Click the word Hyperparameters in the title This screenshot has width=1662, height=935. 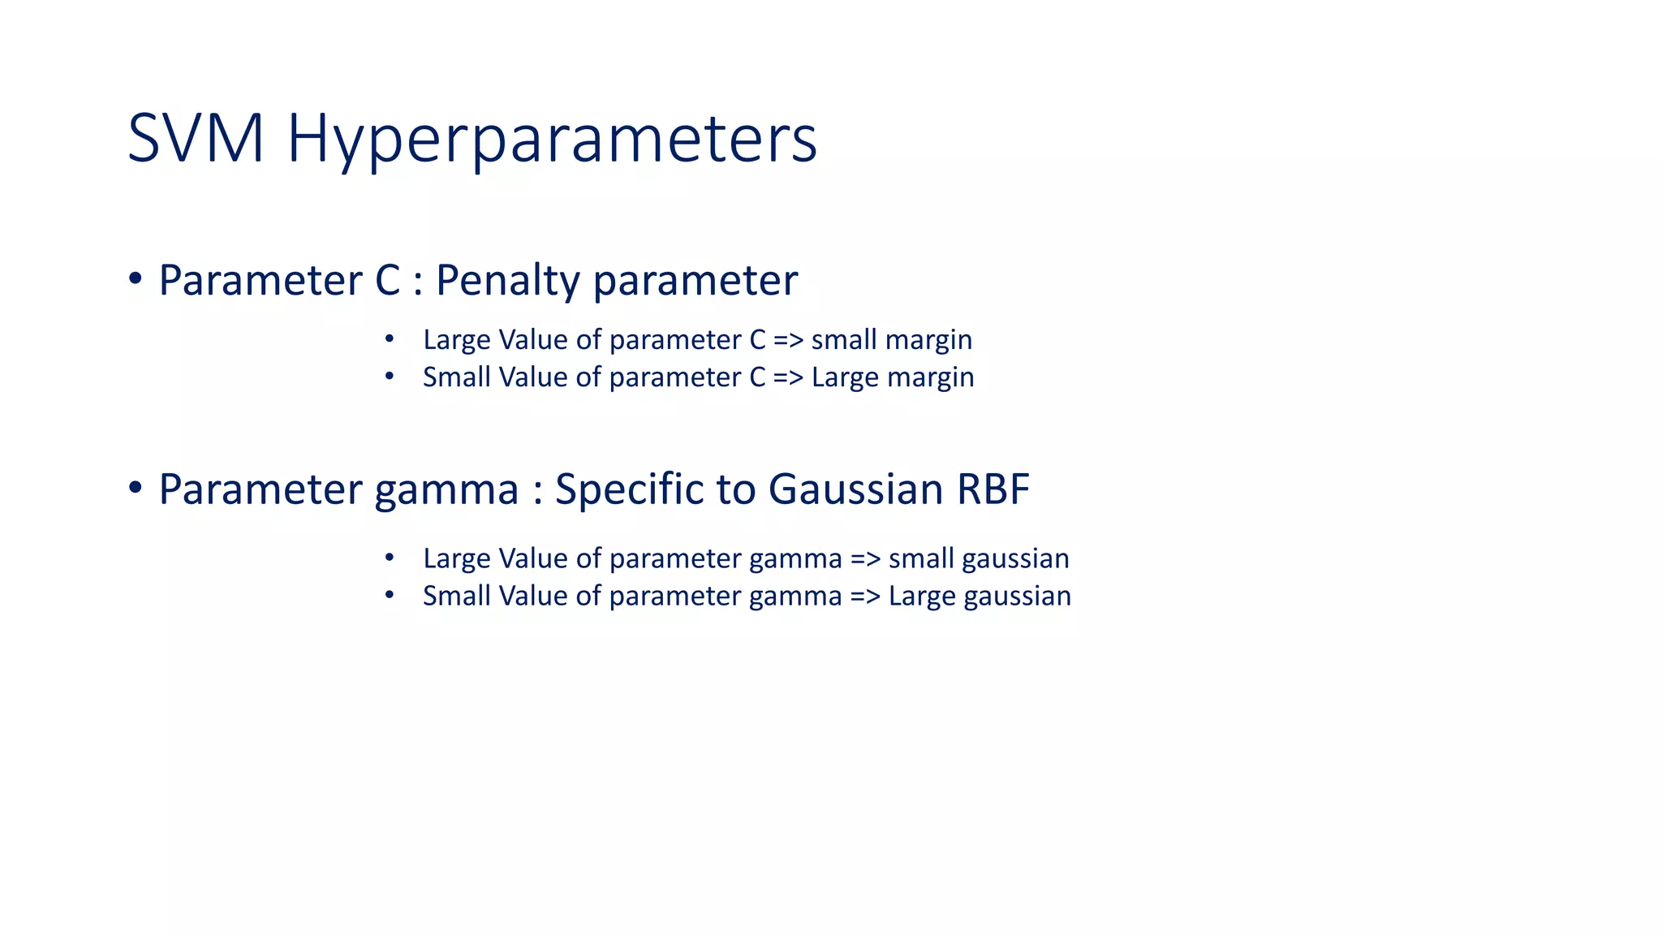[x=552, y=140]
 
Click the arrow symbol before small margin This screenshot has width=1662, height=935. [x=788, y=340]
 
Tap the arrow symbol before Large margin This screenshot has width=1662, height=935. [x=788, y=377]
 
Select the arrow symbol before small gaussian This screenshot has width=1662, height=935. [x=865, y=559]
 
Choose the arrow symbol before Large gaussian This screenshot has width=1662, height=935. [x=865, y=597]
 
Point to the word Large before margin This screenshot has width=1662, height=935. [x=845, y=378]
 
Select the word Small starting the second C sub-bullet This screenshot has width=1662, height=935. [x=457, y=377]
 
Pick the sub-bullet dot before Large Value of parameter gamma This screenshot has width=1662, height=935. [x=390, y=558]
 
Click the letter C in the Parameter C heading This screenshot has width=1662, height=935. [x=388, y=281]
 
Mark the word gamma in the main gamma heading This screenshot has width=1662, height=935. [x=446, y=491]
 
